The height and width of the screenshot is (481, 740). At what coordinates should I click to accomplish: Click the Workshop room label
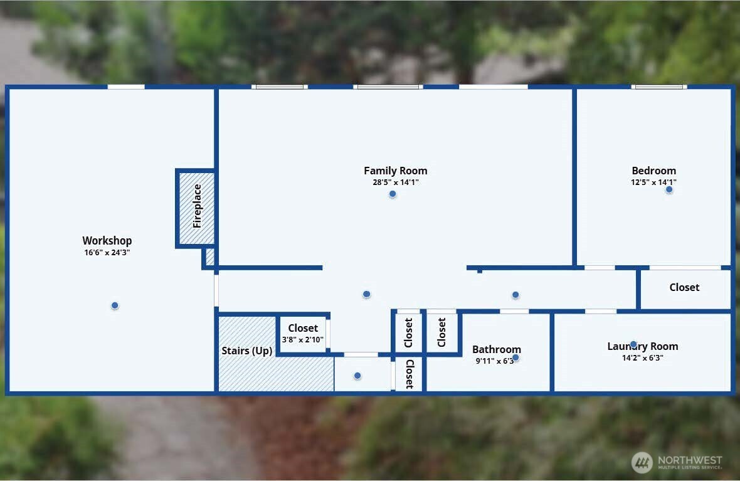[x=107, y=241]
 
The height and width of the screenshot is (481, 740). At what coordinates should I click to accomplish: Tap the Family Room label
[x=395, y=171]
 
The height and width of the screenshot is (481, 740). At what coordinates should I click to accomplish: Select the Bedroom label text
[x=653, y=171]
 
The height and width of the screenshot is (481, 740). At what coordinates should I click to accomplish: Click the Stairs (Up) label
[x=246, y=351]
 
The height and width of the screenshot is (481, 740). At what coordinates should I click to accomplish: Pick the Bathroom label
[x=496, y=349]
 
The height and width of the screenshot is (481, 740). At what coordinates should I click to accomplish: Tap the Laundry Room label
[x=642, y=346]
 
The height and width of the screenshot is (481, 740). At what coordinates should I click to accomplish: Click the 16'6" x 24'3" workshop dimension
[x=107, y=253]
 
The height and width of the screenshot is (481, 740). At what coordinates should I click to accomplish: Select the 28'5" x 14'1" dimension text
[x=395, y=182]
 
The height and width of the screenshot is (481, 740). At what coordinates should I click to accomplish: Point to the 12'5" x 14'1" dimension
[x=653, y=182]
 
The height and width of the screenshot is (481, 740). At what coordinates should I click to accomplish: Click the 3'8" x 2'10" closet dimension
[x=303, y=339]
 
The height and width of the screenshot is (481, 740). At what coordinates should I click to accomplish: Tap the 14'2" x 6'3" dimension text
[x=642, y=358]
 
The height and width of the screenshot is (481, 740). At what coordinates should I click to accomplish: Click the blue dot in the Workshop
[x=115, y=305]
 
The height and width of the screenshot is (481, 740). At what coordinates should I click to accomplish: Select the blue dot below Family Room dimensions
[x=393, y=194]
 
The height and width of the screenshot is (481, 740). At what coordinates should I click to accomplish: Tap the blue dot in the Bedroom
[x=669, y=189]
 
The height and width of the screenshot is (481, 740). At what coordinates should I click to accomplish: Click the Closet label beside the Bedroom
[x=684, y=287]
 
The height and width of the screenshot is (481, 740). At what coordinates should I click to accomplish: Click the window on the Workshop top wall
[x=126, y=87]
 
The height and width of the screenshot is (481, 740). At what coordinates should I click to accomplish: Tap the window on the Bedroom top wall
[x=658, y=87]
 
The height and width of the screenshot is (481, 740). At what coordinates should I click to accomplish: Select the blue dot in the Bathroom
[x=515, y=357]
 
